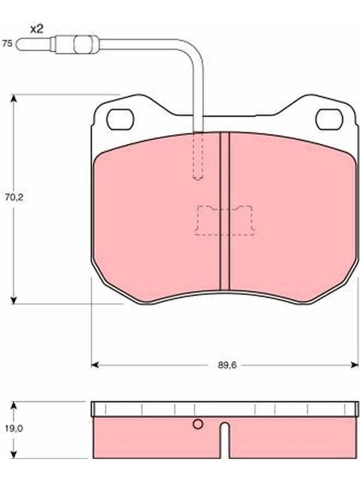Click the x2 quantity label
[x=37, y=29]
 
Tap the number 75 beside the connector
[x=7, y=43]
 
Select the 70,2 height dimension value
[x=14, y=198]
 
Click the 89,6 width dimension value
[x=227, y=365]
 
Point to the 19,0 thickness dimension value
[x=14, y=428]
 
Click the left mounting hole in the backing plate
[x=121, y=119]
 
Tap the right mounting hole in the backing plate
[x=329, y=119]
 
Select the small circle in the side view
[x=198, y=424]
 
